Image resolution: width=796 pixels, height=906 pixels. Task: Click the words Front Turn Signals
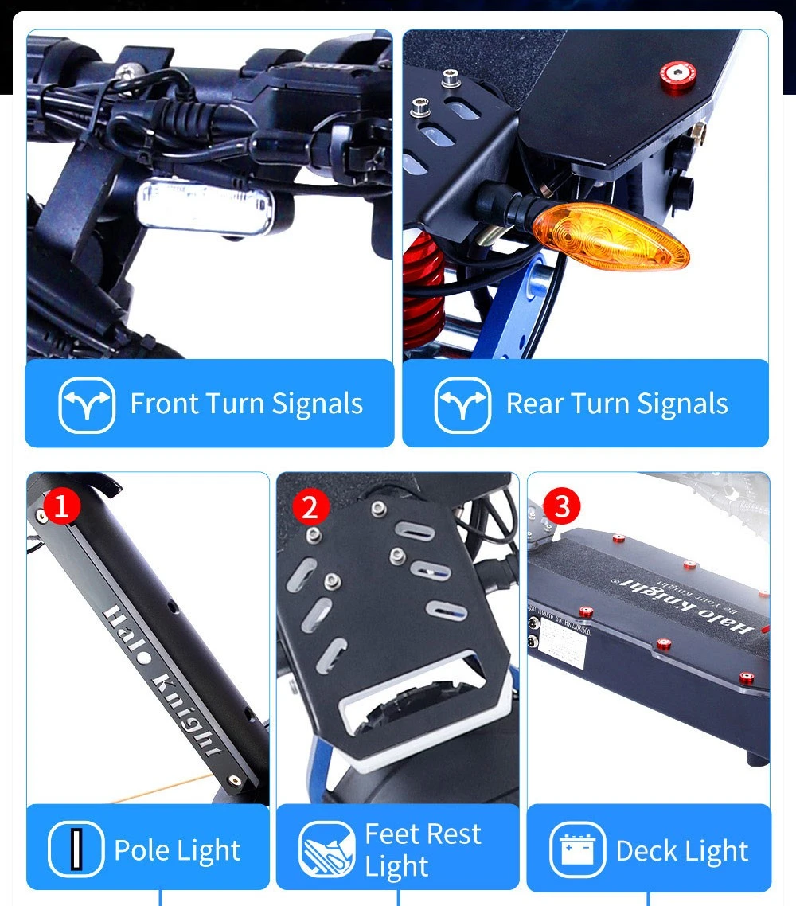[x=246, y=404]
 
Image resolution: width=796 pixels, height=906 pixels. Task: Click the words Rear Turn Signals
[x=617, y=404]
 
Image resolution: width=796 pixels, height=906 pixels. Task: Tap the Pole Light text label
[x=177, y=850]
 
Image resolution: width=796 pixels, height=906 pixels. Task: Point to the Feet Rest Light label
[x=423, y=849]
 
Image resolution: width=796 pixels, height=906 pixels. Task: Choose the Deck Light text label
[x=681, y=850]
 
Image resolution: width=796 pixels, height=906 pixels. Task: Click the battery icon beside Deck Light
[x=577, y=849]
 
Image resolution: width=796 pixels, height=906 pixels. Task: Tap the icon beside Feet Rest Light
[x=326, y=849]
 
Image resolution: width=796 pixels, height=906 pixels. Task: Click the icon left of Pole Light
[x=76, y=849]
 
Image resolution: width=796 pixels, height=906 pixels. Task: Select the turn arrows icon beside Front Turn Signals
[x=87, y=404]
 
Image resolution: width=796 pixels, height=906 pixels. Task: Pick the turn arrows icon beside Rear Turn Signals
[x=462, y=404]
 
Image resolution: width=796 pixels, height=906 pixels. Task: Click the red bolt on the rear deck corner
[x=677, y=76]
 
